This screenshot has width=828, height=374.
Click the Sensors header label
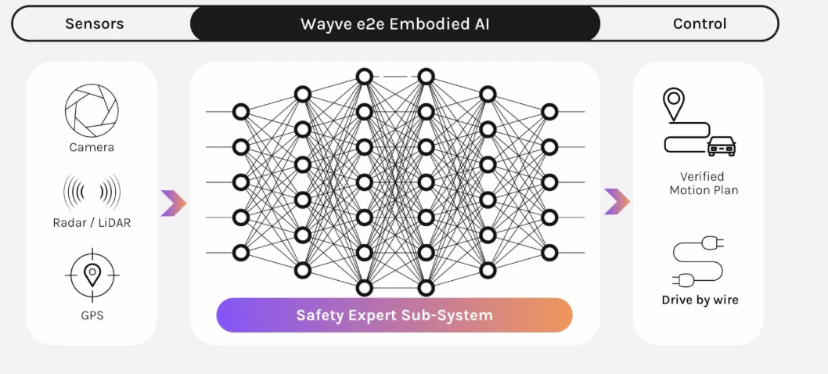[95, 23]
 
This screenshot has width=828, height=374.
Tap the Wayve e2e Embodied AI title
[395, 23]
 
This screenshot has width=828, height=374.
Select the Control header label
[700, 23]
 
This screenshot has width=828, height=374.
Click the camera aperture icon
[92, 110]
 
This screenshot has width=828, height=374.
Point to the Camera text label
[92, 147]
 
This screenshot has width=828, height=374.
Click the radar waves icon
[92, 192]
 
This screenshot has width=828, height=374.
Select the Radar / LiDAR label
[92, 223]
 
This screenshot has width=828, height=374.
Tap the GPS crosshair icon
[92, 275]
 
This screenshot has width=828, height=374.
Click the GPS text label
[92, 316]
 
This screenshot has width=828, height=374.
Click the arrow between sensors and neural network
[174, 203]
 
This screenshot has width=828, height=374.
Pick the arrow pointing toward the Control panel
[617, 201]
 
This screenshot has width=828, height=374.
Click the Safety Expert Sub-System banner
[394, 315]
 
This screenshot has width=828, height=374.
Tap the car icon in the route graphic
[722, 146]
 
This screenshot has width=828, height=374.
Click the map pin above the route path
[673, 104]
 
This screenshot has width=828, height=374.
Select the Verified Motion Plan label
[703, 183]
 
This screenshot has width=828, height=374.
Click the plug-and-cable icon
[698, 262]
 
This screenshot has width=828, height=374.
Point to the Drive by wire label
[700, 300]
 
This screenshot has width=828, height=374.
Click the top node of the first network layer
[241, 112]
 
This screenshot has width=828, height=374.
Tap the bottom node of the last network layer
[549, 253]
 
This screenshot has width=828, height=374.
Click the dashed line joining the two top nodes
[395, 77]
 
